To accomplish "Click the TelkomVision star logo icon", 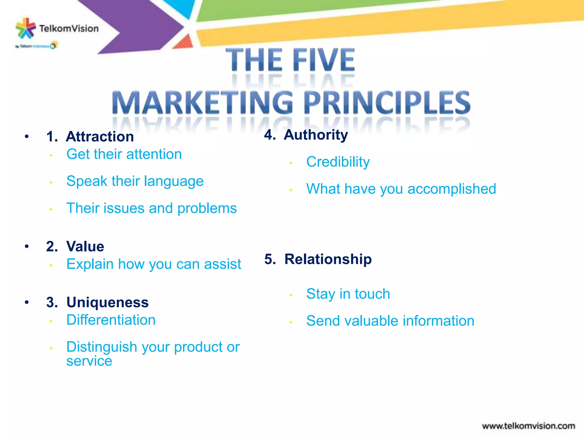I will click(x=25, y=28).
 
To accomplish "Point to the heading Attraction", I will click(x=100, y=136).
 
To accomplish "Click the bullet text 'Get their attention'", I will click(x=124, y=154).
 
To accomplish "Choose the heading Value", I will click(x=85, y=246).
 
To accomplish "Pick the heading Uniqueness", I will click(x=108, y=302).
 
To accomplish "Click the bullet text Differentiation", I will click(x=111, y=320).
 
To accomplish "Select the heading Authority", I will click(x=316, y=135).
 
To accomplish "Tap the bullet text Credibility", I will click(x=338, y=162).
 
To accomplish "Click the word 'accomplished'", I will click(x=452, y=189).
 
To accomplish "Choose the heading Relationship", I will click(x=328, y=259).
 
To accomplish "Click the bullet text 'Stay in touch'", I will click(x=348, y=294).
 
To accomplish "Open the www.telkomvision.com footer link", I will click(x=528, y=426).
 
